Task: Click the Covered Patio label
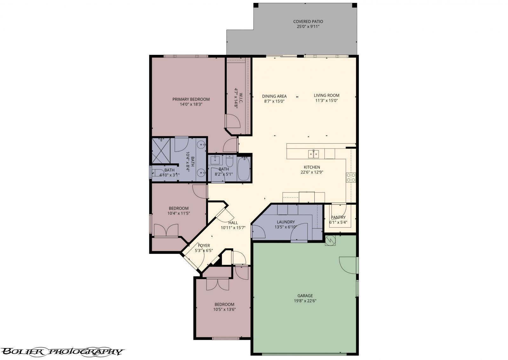(x=308, y=22)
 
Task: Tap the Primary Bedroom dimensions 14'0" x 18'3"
(x=191, y=104)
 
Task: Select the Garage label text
(x=305, y=295)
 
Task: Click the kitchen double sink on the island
(x=313, y=154)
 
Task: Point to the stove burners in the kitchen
(x=351, y=177)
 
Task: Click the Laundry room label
(x=285, y=222)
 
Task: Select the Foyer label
(x=204, y=246)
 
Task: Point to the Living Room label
(x=326, y=95)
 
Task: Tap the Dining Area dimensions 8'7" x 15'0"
(x=274, y=101)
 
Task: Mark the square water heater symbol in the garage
(x=330, y=241)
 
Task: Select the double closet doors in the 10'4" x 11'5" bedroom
(x=166, y=230)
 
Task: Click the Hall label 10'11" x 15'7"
(x=233, y=225)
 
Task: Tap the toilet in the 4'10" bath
(x=158, y=173)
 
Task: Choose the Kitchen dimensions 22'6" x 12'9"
(x=312, y=172)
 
